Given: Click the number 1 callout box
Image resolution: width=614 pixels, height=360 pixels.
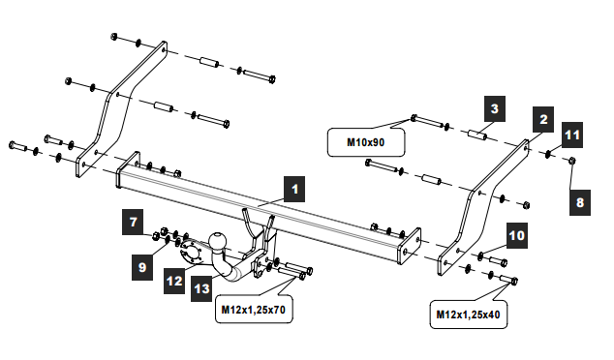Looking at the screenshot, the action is pyautogui.click(x=294, y=189).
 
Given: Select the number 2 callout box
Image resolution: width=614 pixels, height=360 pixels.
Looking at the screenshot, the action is pyautogui.click(x=543, y=119).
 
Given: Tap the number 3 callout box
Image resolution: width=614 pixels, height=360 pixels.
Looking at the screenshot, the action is pyautogui.click(x=495, y=108).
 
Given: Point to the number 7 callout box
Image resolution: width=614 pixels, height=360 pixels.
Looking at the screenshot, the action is pyautogui.click(x=133, y=222).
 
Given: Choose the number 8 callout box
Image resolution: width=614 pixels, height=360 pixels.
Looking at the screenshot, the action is pyautogui.click(x=580, y=202).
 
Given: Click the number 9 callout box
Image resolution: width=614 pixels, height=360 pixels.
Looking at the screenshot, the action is pyautogui.click(x=142, y=267).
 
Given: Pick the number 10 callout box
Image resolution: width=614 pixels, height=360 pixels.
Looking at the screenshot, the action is pyautogui.click(x=517, y=235).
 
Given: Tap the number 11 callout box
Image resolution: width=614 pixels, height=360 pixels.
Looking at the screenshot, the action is pyautogui.click(x=572, y=135).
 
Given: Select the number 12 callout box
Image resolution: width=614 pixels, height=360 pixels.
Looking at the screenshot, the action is pyautogui.click(x=174, y=281).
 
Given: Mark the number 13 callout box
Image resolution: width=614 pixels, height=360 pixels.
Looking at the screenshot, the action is pyautogui.click(x=201, y=288).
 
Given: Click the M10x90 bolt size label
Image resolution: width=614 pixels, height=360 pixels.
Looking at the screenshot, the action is pyautogui.click(x=366, y=142).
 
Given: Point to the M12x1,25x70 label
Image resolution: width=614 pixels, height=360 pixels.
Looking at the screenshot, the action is pyautogui.click(x=254, y=310).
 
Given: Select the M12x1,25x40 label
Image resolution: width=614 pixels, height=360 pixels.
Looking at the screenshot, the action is pyautogui.click(x=469, y=315).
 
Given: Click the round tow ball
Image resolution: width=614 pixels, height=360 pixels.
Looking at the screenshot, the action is pyautogui.click(x=217, y=241).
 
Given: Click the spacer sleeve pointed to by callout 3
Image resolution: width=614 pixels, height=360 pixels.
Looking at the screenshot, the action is pyautogui.click(x=477, y=135).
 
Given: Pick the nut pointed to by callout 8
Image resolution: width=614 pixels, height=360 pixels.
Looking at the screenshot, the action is pyautogui.click(x=571, y=160).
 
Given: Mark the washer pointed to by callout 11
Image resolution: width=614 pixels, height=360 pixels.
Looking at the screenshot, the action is pyautogui.click(x=548, y=154).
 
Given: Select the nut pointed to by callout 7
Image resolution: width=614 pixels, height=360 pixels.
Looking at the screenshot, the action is pyautogui.click(x=156, y=236).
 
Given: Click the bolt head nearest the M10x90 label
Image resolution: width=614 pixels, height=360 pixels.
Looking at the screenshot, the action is pyautogui.click(x=414, y=117).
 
